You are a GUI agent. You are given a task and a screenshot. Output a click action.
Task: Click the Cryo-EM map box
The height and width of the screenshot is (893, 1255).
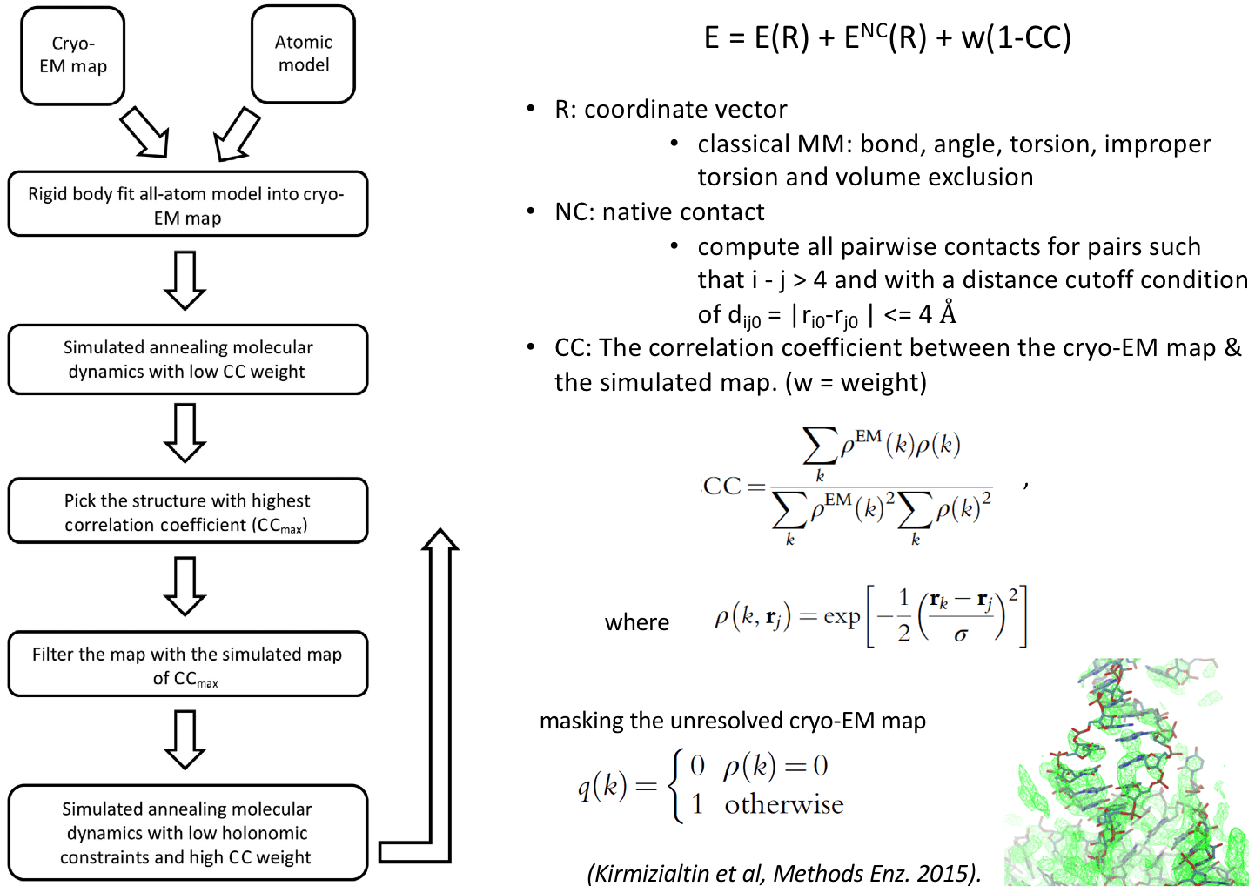point(73,56)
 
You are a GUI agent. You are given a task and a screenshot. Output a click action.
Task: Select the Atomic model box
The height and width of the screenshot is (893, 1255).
point(303,54)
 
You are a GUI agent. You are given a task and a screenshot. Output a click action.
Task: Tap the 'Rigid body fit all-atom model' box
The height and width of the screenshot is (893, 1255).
point(187,205)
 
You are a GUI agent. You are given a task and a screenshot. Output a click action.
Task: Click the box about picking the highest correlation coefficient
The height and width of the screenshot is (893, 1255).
point(187,512)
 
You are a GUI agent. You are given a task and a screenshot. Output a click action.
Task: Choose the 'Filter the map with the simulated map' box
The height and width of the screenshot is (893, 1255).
point(187,664)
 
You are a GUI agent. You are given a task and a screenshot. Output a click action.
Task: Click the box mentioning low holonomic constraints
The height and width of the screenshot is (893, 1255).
point(187,833)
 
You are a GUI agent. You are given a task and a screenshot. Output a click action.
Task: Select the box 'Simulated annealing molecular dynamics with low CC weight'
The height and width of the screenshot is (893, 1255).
point(187,359)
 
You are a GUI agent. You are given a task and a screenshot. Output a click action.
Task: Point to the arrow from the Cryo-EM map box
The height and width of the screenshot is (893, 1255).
point(144,133)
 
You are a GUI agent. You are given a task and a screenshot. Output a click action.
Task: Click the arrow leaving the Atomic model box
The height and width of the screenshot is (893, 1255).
point(236,135)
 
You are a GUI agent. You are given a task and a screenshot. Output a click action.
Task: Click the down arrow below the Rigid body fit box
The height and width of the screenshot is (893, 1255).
point(185,280)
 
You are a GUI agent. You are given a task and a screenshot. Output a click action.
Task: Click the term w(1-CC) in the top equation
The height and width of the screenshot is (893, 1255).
point(1016,38)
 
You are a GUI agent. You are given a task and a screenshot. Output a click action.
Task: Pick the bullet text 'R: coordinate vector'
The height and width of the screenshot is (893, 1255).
point(670,110)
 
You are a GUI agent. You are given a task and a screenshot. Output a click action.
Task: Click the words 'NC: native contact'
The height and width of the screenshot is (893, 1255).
point(659,212)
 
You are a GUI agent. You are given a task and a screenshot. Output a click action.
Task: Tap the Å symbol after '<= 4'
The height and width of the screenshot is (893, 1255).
point(948,312)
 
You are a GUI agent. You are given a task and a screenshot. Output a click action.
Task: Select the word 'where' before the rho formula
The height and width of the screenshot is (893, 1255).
point(637,622)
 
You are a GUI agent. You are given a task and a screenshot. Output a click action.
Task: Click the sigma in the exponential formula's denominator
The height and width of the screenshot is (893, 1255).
point(961,635)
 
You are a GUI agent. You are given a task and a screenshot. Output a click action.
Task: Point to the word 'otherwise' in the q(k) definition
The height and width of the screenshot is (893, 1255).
point(783,804)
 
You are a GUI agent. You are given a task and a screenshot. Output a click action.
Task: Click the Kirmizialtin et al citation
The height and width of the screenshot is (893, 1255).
point(784,873)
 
